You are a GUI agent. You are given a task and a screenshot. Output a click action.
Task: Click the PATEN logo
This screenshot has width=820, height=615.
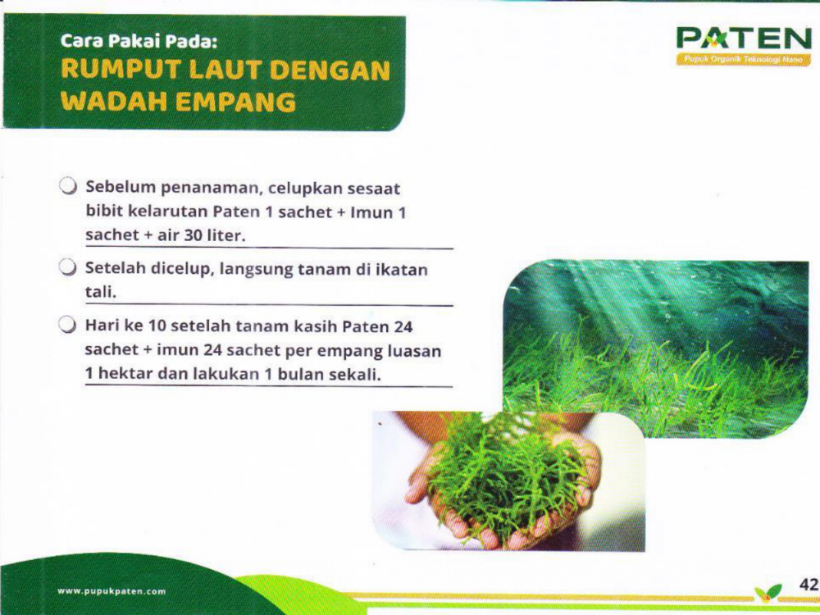click(743, 45)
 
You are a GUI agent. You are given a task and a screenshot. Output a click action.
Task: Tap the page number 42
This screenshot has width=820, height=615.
click(809, 584)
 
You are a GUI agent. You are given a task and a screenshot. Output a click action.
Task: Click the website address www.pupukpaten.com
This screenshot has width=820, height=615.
click(112, 591)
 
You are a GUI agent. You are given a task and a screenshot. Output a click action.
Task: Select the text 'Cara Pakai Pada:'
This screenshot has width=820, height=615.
click(138, 41)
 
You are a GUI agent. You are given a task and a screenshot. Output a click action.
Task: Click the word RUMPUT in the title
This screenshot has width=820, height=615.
click(121, 70)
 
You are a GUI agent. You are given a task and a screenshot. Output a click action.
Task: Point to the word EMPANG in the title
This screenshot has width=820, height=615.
click(235, 102)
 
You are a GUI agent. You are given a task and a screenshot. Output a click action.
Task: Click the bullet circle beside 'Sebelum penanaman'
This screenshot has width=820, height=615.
click(68, 185)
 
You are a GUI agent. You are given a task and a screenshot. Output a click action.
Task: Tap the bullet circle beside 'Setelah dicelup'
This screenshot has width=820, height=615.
click(68, 267)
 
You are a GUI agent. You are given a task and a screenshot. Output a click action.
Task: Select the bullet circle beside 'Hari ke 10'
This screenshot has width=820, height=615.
click(68, 326)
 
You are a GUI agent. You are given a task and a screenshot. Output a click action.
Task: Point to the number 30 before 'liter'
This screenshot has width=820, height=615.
click(193, 235)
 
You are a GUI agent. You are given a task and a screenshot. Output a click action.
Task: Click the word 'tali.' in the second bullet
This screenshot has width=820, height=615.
click(100, 292)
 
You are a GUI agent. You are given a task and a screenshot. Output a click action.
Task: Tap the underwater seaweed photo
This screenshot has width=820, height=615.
click(656, 348)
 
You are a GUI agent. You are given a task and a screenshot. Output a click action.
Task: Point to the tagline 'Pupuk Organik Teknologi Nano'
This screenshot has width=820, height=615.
click(743, 60)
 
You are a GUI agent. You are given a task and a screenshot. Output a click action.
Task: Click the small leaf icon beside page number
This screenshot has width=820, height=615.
click(768, 593)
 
